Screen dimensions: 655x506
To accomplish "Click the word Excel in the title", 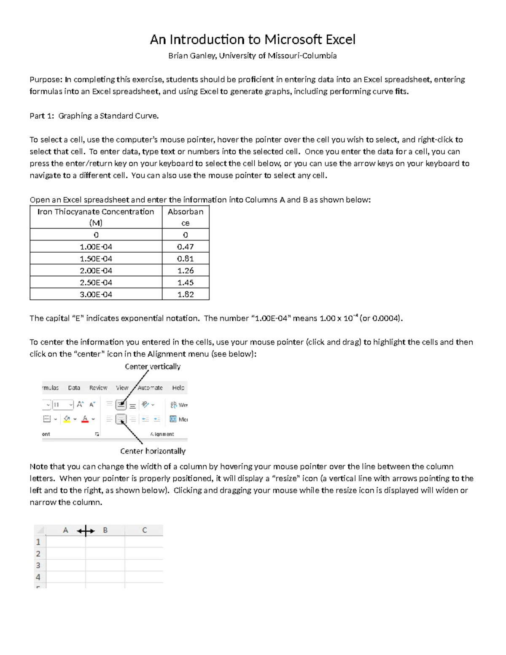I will tap(340, 40).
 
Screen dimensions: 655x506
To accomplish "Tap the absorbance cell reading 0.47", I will tap(185, 247).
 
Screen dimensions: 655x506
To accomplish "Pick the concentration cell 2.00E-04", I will tap(96, 270).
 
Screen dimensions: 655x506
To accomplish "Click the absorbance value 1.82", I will tap(185, 294).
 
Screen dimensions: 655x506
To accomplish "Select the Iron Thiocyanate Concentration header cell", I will tap(96, 217).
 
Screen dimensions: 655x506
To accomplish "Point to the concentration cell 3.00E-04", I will tap(96, 294).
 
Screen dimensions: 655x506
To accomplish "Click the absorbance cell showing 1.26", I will tap(185, 270).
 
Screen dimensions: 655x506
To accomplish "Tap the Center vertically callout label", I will tap(152, 367).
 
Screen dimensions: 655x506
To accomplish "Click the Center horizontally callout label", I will tap(153, 451).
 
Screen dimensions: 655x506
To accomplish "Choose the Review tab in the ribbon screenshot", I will tap(98, 388).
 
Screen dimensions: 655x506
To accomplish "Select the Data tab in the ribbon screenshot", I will tap(74, 388).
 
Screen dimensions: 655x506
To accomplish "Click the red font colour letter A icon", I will tap(85, 419).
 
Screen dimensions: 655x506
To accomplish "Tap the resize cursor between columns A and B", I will tap(86, 531).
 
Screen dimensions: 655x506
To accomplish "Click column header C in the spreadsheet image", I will tap(144, 530).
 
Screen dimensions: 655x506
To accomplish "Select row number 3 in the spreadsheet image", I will tap(38, 566).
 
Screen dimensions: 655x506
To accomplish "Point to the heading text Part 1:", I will tap(42, 116).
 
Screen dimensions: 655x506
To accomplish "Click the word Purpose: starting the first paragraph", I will tap(46, 79).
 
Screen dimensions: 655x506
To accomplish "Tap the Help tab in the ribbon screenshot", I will tap(178, 388).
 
